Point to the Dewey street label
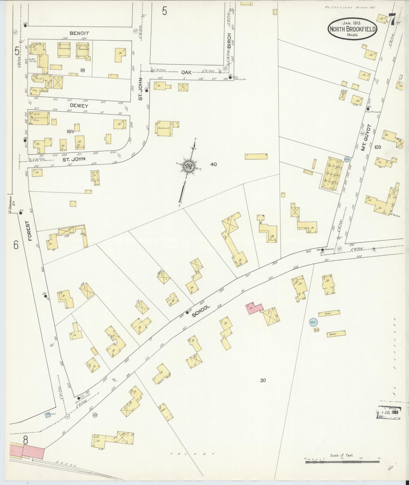point(80,105)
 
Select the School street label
point(201,311)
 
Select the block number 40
point(214,164)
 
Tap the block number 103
point(377,147)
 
